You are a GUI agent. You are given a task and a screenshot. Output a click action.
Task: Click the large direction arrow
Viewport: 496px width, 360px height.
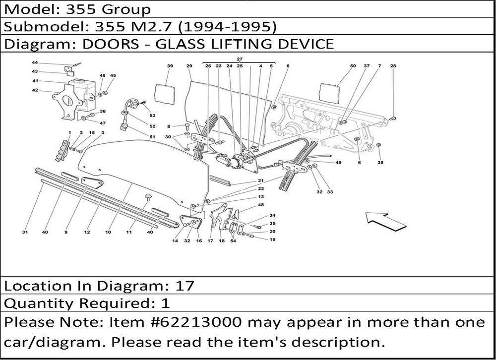[385, 220]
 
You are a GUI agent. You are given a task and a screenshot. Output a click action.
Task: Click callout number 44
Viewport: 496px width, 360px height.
[35, 63]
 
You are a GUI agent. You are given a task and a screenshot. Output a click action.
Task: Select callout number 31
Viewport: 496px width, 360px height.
[25, 232]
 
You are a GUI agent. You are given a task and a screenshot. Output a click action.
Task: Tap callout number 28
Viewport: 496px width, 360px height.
[393, 66]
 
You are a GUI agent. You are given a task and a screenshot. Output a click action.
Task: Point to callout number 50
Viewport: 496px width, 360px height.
[353, 66]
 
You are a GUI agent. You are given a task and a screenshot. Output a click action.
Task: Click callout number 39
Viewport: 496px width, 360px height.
[170, 66]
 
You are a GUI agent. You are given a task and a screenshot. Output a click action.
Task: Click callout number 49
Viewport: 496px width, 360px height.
[338, 163]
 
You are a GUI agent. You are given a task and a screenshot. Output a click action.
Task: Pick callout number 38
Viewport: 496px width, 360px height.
[380, 162]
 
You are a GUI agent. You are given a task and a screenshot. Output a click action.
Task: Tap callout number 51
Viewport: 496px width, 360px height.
[152, 136]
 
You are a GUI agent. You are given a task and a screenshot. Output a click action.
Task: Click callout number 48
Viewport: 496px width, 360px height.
[260, 205]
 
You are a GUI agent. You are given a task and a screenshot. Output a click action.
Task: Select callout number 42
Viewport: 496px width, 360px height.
[35, 90]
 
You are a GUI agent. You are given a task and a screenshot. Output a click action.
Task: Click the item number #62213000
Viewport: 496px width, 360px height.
[197, 322]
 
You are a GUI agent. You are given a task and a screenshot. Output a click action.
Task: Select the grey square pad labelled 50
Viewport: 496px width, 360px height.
[328, 94]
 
